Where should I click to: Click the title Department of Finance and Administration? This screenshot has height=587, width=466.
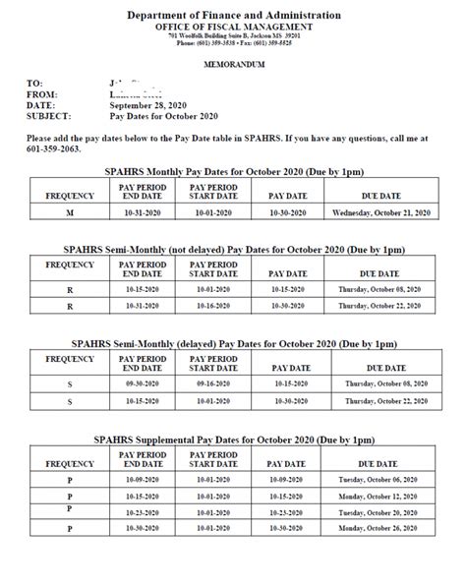[x=233, y=16]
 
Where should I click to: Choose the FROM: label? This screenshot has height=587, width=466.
[x=42, y=93]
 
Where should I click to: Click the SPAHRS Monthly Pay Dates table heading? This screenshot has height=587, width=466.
[x=233, y=170]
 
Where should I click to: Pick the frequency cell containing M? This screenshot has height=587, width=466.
[x=70, y=211]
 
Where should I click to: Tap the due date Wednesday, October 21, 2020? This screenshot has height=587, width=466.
[x=381, y=211]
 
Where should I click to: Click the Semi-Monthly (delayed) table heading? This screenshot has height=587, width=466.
[x=233, y=344]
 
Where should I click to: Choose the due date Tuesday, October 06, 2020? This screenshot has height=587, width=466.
[x=381, y=481]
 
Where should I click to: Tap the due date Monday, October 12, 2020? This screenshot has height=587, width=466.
[x=381, y=497]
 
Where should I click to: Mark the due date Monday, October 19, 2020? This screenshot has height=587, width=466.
[x=381, y=512]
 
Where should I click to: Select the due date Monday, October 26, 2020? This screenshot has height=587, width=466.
[x=381, y=529]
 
